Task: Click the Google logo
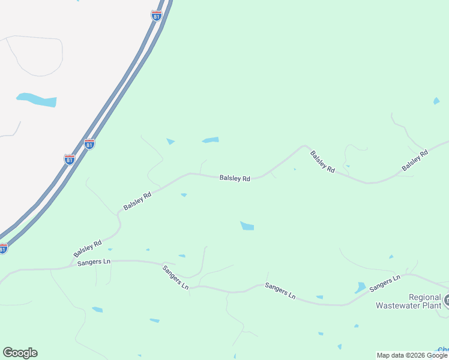20,353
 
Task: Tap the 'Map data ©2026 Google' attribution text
412,355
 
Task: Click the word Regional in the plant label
425,297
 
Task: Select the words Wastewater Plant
408,305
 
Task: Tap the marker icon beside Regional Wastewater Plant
447,299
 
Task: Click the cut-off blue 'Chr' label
443,350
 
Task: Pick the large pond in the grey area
37,100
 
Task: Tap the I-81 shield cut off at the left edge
3,248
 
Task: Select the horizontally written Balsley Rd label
235,178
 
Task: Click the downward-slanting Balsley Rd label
322,162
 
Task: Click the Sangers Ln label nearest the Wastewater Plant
385,284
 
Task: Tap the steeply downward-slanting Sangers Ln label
175,277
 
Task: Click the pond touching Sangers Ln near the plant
360,287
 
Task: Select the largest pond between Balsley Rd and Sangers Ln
247,226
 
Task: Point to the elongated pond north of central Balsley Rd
211,140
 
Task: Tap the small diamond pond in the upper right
436,101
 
